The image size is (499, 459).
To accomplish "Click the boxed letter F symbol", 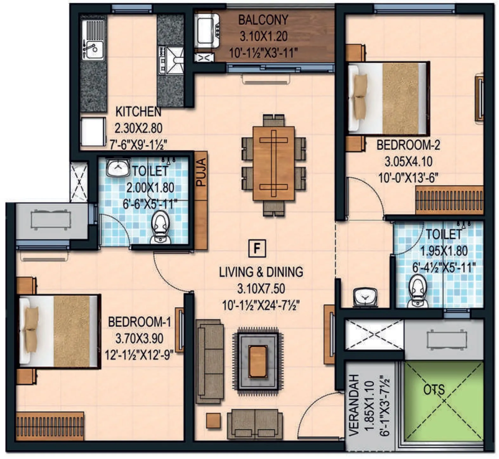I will tap(257, 248).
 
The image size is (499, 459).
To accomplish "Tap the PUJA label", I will tap(201, 172).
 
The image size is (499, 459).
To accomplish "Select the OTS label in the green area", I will tap(434, 390).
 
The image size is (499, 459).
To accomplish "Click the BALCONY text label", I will tap(263, 20).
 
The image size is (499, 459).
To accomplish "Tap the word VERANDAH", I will tap(354, 405).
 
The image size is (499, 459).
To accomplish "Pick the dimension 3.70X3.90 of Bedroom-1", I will tap(139, 338).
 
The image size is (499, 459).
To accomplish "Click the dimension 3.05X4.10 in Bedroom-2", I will tap(408, 161).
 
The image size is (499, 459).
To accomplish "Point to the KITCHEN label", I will tap(138, 112).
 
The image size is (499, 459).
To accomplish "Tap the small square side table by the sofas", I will tap(213, 421).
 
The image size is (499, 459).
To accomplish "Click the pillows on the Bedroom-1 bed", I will tap(31, 330).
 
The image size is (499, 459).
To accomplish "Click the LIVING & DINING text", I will tap(261, 272).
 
